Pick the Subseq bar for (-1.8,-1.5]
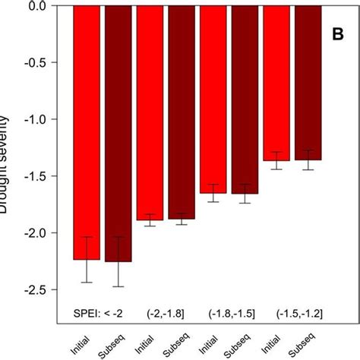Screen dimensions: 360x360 coord(245,99)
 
